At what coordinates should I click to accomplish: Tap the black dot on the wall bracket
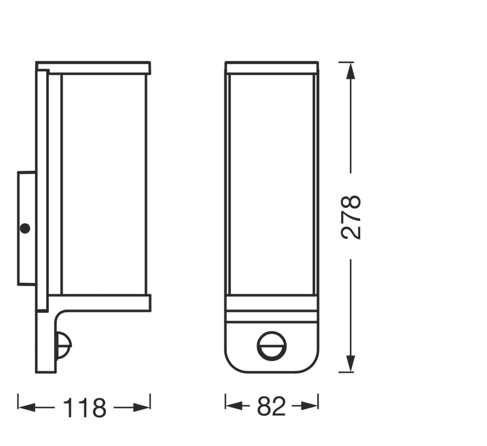pos(25,228)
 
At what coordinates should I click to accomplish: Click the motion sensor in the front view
pos(272,347)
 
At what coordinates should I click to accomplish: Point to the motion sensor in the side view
pos(63,345)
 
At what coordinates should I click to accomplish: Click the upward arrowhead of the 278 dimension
pos(351,71)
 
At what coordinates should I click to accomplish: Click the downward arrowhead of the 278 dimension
pos(350,363)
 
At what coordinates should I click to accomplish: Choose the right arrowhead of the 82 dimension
pos(310,405)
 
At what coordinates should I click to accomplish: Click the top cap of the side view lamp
pos(93,68)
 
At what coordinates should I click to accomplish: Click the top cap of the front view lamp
pos(272,68)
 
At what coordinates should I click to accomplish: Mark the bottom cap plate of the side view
pos(99,303)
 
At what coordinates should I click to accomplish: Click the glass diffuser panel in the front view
pos(272,183)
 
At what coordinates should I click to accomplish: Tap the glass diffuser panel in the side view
pos(103,183)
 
